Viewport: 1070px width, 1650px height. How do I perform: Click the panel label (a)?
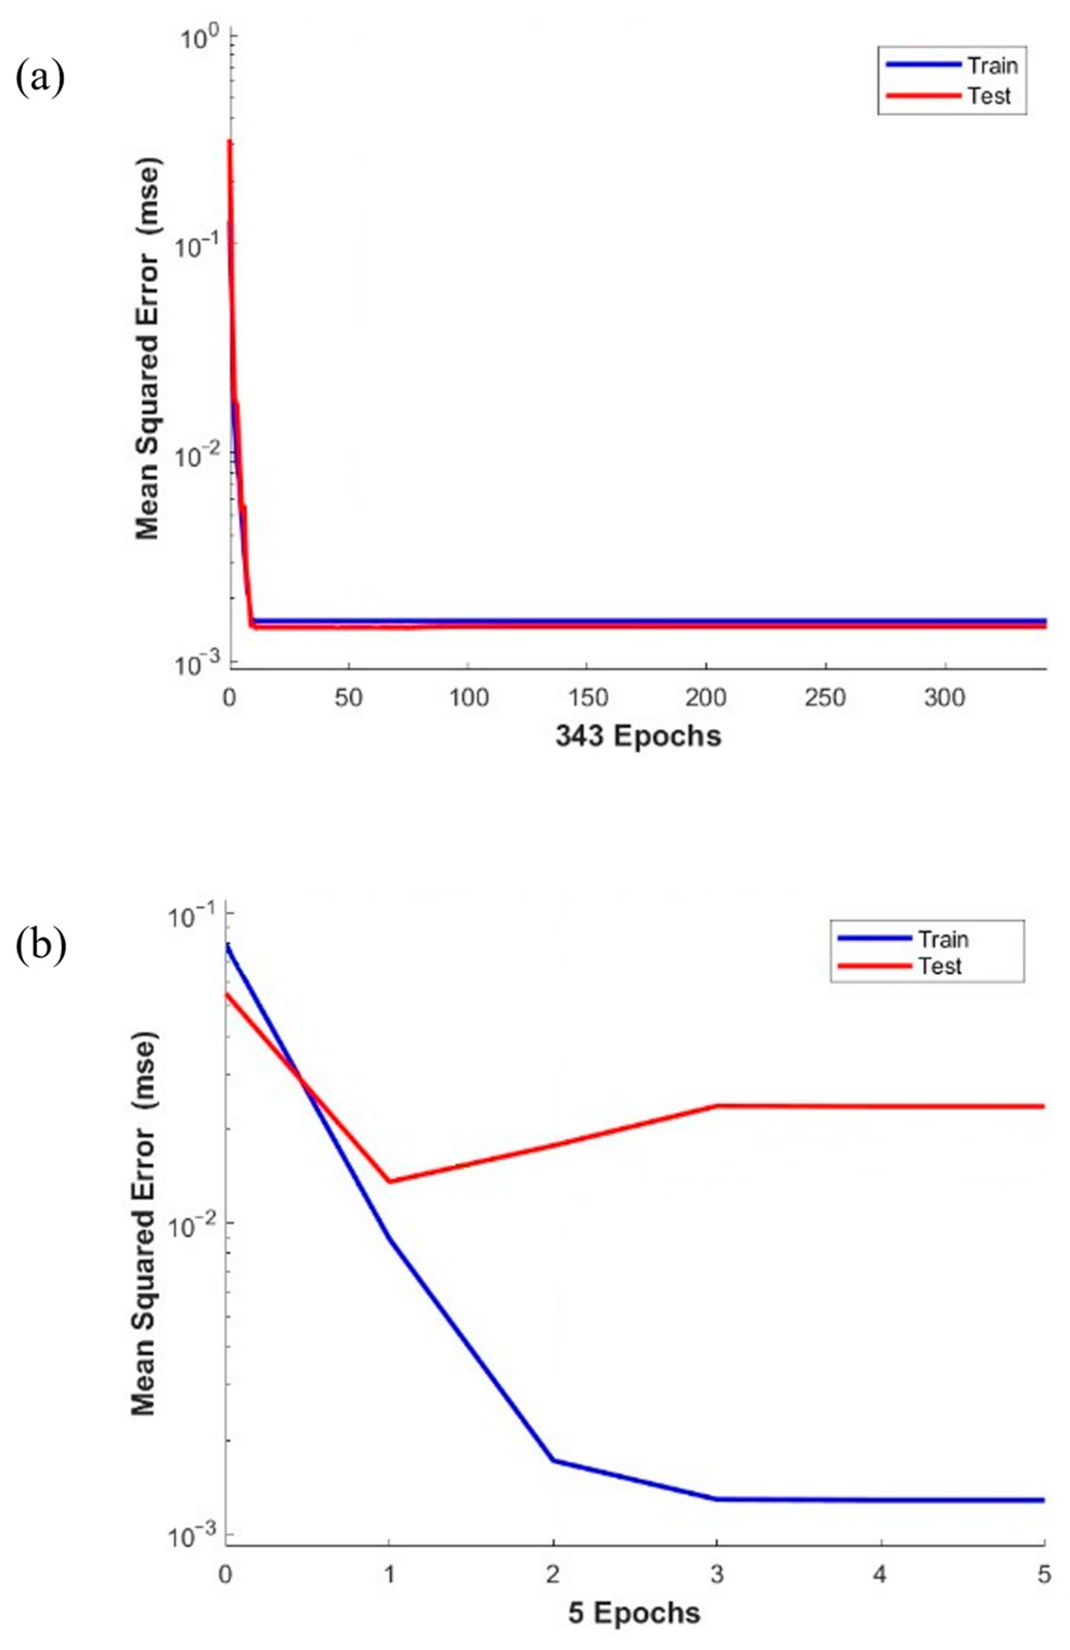coord(40,78)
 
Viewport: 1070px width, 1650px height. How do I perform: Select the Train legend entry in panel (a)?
coord(992,66)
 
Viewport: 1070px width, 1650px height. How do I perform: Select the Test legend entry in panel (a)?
coord(989,95)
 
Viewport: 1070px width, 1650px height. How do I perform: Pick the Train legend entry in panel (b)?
coord(943,939)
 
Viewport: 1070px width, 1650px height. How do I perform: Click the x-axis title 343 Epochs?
coord(637,736)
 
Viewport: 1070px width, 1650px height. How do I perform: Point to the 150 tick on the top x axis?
coord(587,697)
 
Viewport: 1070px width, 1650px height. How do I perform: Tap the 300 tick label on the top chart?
coord(945,697)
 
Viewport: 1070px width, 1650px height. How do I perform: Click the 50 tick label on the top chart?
coord(349,697)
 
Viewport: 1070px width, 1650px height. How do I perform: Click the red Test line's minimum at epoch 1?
coord(389,1182)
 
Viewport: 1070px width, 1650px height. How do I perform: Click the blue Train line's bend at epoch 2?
coord(553,1460)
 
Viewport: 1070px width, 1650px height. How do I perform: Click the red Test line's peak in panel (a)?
coord(229,142)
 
